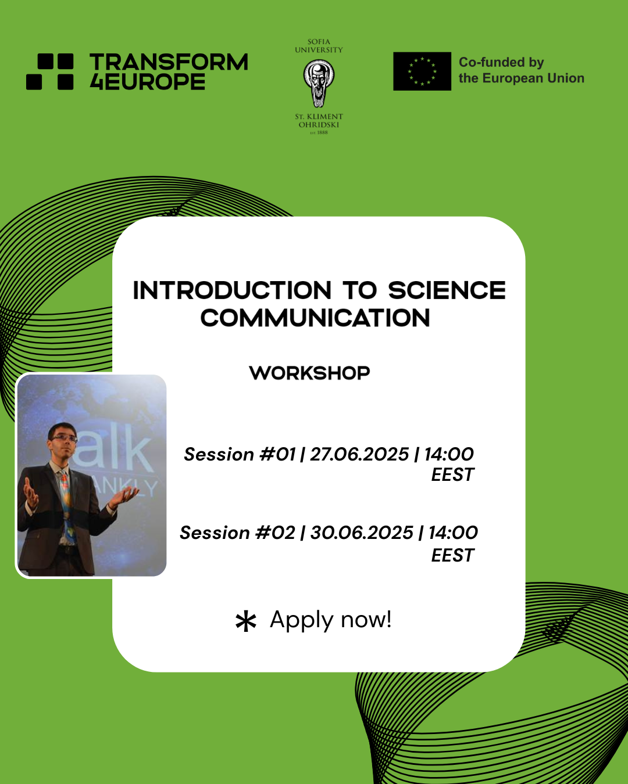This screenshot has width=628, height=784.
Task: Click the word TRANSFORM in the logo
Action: click(x=169, y=62)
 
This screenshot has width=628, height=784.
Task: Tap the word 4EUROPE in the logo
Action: click(x=148, y=82)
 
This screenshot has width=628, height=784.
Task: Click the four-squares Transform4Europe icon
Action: click(x=50, y=71)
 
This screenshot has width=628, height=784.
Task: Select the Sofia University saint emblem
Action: click(x=319, y=84)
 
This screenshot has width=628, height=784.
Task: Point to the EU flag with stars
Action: click(x=422, y=71)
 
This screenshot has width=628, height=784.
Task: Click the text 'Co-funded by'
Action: click(x=501, y=62)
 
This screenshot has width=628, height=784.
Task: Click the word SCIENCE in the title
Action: click(x=447, y=290)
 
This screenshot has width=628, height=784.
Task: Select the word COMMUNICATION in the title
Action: click(x=315, y=318)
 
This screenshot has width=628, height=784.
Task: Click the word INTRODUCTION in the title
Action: click(x=232, y=290)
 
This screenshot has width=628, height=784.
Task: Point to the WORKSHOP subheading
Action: click(x=309, y=373)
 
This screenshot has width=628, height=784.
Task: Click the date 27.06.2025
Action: click(x=359, y=454)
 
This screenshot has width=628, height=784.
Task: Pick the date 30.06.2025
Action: click(x=362, y=533)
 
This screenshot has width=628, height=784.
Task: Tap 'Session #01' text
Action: click(x=240, y=454)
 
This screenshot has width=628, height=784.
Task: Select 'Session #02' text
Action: click(x=237, y=533)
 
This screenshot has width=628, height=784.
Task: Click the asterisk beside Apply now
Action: click(x=246, y=621)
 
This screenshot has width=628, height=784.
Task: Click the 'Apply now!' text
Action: click(x=331, y=620)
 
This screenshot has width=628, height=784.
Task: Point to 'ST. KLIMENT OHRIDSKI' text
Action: click(x=319, y=121)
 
